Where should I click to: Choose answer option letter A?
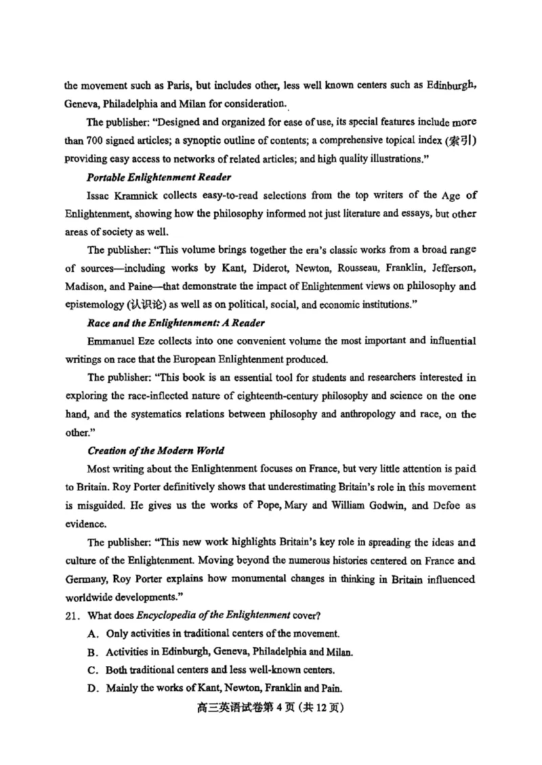pos(93,634)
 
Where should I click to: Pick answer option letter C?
pos(93,670)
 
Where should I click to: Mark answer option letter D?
pos(93,689)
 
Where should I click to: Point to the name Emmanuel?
pos(111,340)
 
